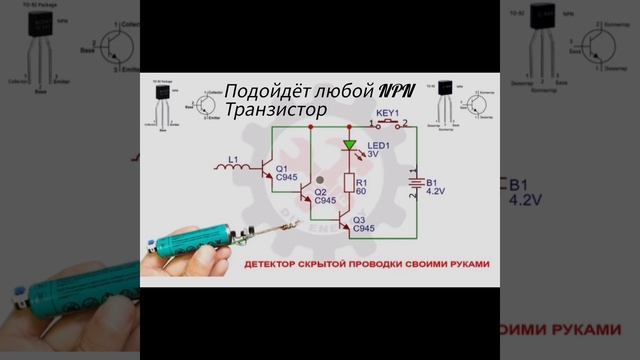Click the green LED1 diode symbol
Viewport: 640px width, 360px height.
(x=350, y=146)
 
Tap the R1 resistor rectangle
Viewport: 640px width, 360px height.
(x=350, y=182)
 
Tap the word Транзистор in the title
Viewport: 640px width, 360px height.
(x=276, y=110)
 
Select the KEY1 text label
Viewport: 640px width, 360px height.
(x=387, y=113)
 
